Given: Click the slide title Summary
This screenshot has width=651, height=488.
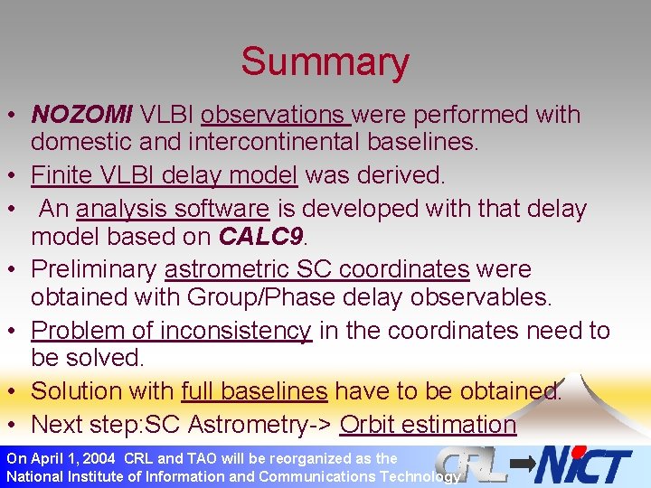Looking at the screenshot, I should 325,62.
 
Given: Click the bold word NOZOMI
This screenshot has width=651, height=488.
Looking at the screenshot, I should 81,115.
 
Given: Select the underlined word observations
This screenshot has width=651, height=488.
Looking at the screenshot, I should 275,115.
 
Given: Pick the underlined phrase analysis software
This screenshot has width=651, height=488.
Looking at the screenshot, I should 173,209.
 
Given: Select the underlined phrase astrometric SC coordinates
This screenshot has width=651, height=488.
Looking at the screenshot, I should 316,269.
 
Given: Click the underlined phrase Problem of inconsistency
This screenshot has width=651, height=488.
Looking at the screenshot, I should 171,331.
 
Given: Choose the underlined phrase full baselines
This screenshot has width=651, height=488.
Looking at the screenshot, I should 254,390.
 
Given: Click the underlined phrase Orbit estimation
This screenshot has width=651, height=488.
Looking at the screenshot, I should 428,424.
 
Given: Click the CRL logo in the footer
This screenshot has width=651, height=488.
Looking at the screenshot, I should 472,465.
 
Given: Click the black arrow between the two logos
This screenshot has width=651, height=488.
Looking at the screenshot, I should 522,464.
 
